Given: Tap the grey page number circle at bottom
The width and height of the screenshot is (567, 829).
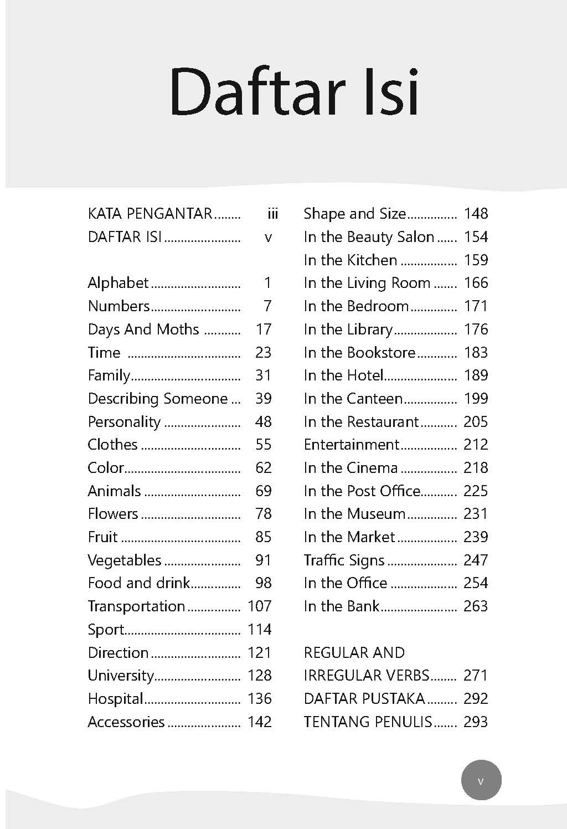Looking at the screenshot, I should tap(481, 781).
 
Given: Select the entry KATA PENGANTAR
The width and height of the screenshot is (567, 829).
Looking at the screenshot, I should tap(150, 214).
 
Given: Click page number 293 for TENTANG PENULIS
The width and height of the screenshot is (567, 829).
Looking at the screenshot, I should tap(476, 722).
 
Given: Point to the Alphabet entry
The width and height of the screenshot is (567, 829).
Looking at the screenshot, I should tap(118, 283).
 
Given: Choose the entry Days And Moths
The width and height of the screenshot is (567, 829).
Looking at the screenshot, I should tap(143, 329).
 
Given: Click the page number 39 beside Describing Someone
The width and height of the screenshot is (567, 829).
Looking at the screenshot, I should tap(263, 399).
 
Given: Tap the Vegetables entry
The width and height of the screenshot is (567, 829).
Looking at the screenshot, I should tap(125, 560).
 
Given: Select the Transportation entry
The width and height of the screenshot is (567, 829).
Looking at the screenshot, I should tap(136, 606).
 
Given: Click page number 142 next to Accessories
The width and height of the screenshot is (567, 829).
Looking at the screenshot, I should tap(259, 722).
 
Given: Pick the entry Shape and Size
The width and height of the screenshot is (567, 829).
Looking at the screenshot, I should tap(354, 214).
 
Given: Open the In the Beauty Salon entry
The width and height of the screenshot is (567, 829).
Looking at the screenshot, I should tap(369, 237).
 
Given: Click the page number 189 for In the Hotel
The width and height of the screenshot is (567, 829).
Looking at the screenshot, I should tap(476, 375).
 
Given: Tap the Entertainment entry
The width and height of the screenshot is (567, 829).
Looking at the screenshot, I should tap(351, 445).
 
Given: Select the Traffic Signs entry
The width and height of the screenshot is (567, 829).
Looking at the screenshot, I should tap(344, 560).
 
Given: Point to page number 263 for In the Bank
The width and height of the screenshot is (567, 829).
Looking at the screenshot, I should tap(476, 606).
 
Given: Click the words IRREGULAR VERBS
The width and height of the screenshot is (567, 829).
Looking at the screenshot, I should tap(367, 676).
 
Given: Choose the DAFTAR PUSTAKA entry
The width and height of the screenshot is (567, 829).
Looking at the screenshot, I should tap(364, 699).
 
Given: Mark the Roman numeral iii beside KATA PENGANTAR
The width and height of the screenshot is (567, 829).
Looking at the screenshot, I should tap(272, 214).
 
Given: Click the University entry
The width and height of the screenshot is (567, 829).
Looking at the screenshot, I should tap(120, 676).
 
